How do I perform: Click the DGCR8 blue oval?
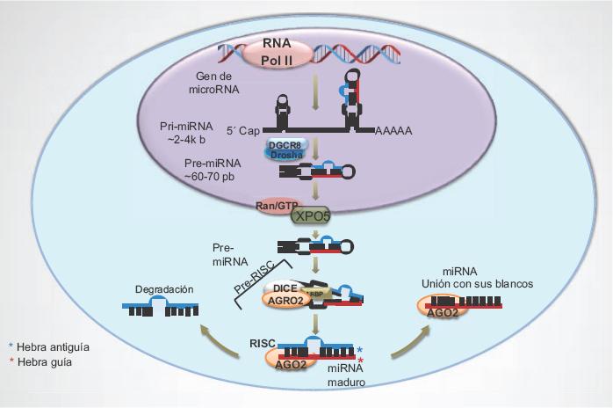pyautogui.click(x=285, y=146)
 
